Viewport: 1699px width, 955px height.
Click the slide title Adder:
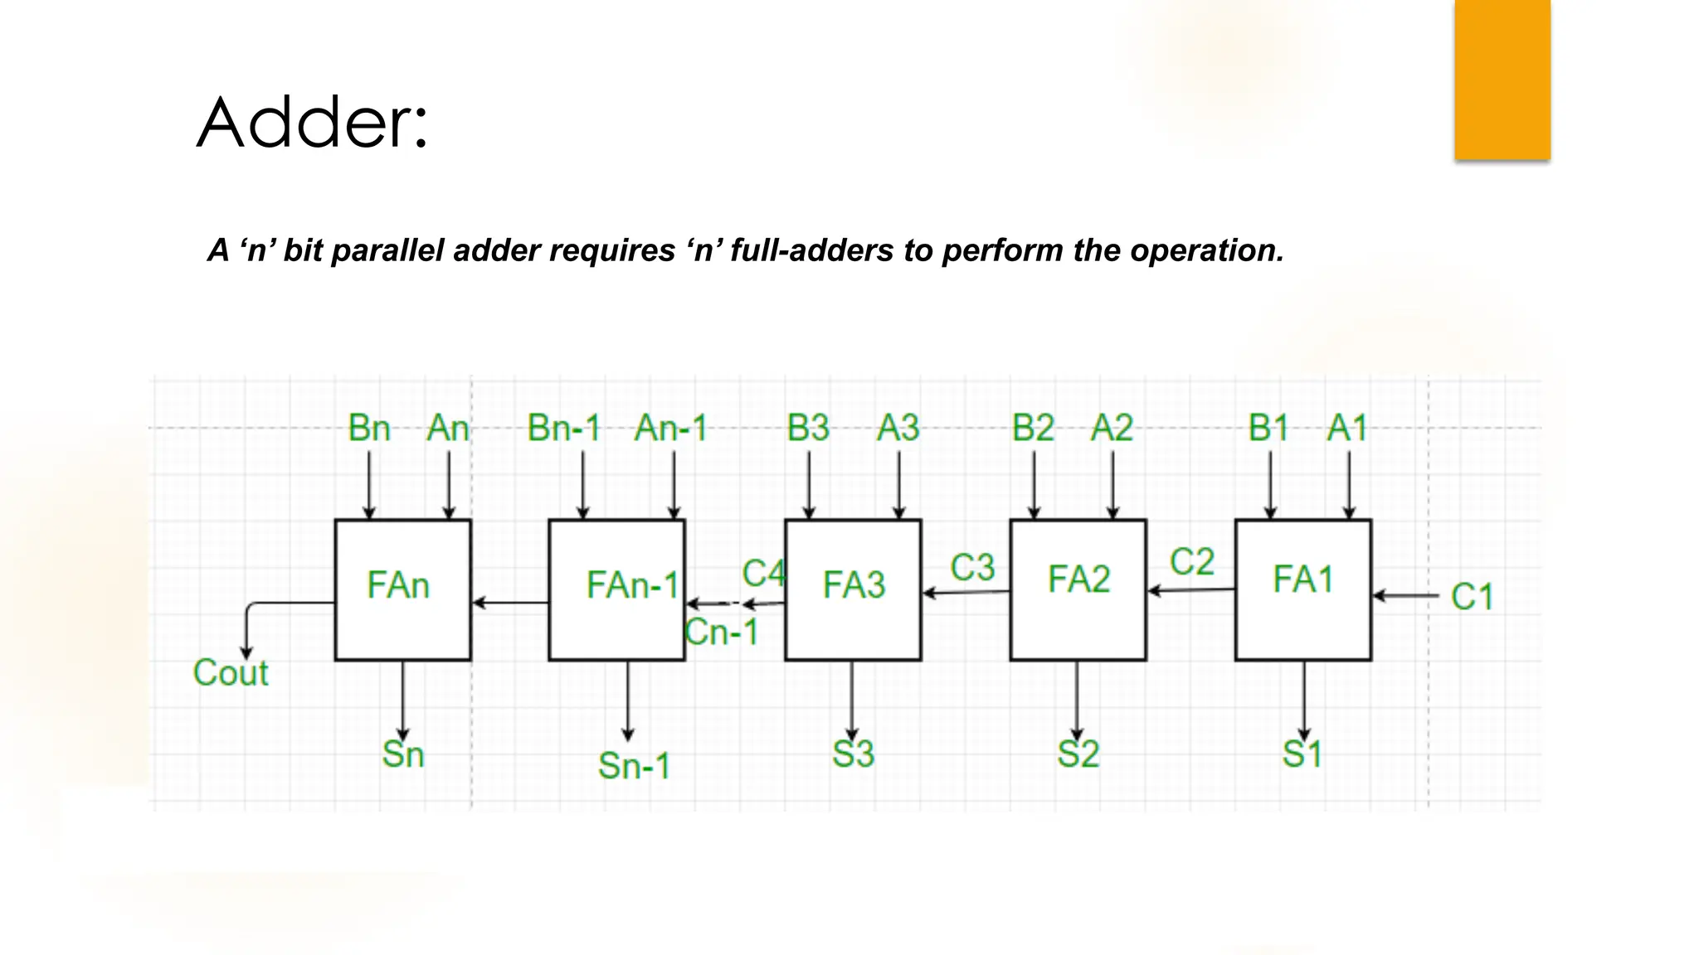click(x=313, y=123)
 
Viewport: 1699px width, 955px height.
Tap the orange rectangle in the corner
click(x=1502, y=80)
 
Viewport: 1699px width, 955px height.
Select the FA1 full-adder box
click(x=1302, y=589)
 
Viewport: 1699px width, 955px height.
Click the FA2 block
click(x=1078, y=589)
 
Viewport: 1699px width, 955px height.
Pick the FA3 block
click(x=853, y=589)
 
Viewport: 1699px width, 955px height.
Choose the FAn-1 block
click(x=616, y=589)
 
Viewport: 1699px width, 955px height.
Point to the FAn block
click(x=402, y=589)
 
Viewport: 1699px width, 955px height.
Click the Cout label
click(x=231, y=672)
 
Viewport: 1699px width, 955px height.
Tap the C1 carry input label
click(x=1472, y=597)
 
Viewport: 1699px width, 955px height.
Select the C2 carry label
click(x=1191, y=562)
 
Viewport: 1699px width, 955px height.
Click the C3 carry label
click(x=971, y=568)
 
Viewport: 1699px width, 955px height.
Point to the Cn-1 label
click(x=722, y=633)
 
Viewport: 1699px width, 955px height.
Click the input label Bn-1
click(x=564, y=429)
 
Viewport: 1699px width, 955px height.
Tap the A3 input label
click(x=898, y=429)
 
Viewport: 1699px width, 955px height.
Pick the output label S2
click(x=1078, y=754)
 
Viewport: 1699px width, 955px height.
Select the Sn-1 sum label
click(x=634, y=765)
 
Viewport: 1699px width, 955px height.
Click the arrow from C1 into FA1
click(x=1406, y=595)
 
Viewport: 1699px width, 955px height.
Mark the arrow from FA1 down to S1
click(x=1303, y=700)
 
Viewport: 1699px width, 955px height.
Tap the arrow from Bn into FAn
click(x=369, y=485)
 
